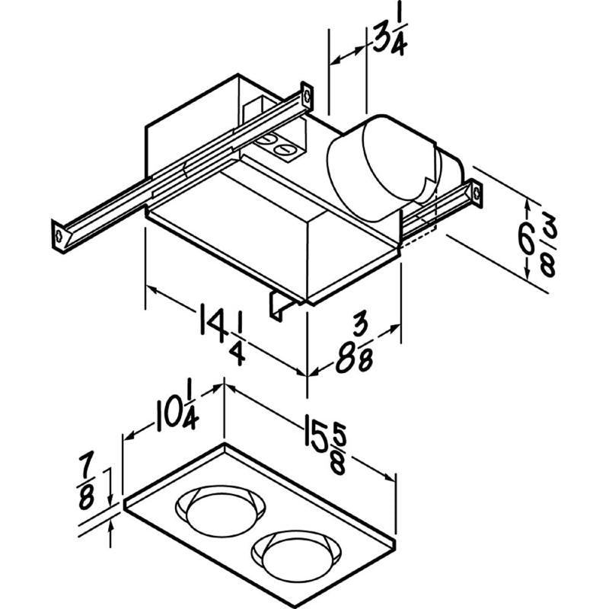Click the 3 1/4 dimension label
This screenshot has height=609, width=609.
[x=391, y=38]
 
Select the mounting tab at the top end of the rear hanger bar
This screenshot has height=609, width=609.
[x=307, y=94]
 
